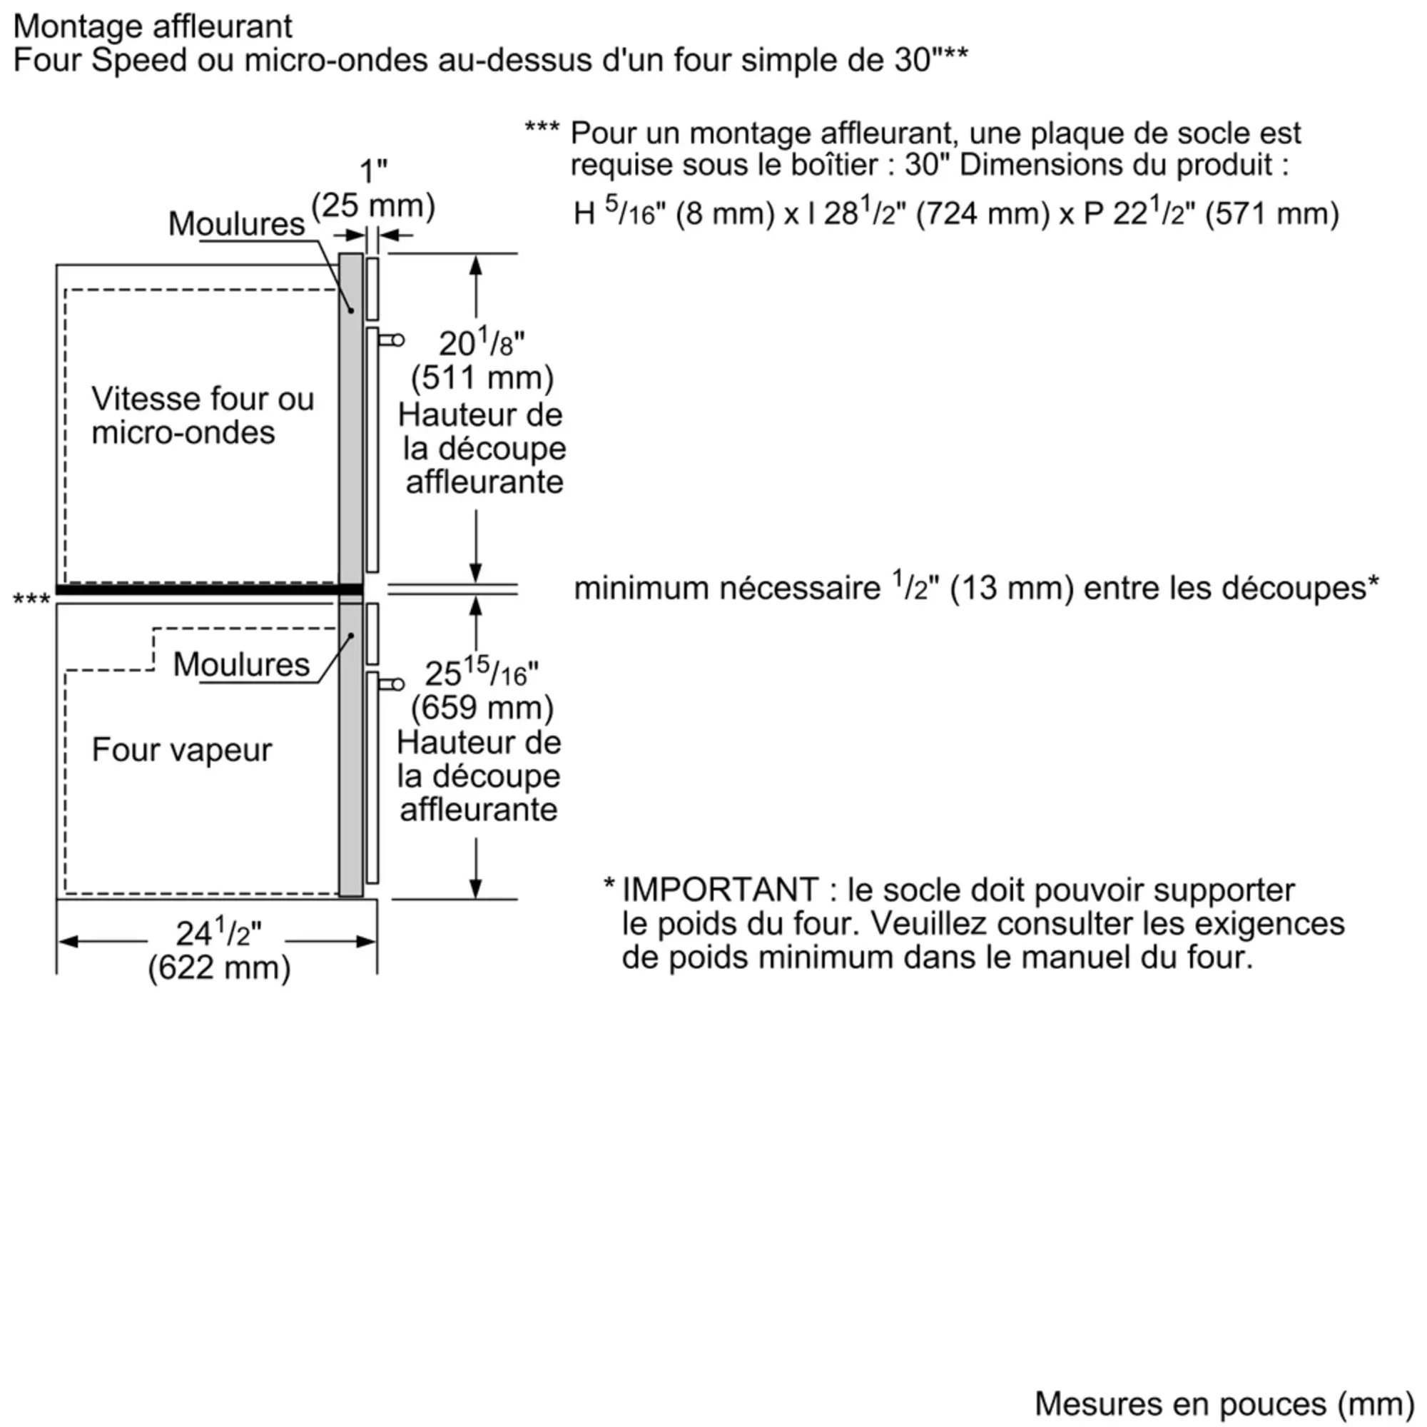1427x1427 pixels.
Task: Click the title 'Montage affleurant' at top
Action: (153, 26)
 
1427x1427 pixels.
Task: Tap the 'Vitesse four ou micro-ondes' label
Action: (202, 415)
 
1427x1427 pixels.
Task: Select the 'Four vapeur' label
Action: (182, 750)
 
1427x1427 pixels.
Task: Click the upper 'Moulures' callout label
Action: (236, 224)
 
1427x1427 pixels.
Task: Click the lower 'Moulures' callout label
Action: (240, 664)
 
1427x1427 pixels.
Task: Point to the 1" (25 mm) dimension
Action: (373, 189)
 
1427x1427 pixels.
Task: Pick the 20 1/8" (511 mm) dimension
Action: (482, 360)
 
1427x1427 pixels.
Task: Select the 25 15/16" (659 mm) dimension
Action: (482, 691)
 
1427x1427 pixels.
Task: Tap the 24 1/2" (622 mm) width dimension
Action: (218, 950)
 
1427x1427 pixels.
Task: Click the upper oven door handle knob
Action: (397, 340)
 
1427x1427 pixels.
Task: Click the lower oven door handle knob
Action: (397, 684)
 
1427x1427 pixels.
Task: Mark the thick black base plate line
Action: (207, 589)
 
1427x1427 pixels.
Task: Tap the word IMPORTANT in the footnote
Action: (720, 890)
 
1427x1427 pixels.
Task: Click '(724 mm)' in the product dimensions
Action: (982, 214)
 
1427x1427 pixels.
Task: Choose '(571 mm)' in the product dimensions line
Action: (1271, 214)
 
